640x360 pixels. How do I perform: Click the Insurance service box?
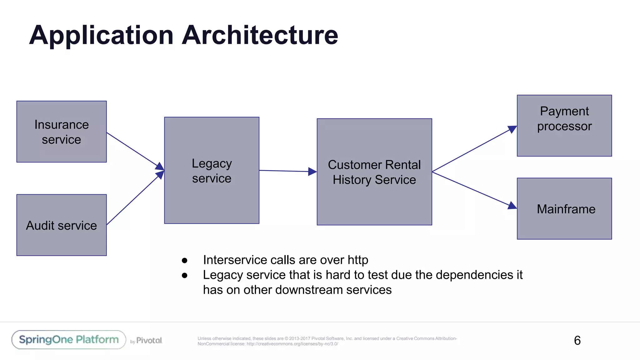point(62,132)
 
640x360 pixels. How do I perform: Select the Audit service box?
point(62,225)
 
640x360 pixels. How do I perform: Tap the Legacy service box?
point(212,170)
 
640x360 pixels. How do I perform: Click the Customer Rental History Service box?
point(374,172)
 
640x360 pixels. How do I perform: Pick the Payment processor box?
point(564,126)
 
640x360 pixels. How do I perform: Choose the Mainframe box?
point(564,209)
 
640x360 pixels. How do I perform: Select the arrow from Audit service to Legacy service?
point(133,200)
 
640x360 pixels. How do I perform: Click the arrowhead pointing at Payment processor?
point(512,129)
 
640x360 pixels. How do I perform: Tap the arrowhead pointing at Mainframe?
point(512,206)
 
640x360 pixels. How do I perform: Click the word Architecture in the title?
point(260,35)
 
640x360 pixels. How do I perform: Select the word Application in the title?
point(101,35)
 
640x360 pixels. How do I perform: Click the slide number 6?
point(577,340)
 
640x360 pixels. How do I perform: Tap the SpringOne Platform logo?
point(69,340)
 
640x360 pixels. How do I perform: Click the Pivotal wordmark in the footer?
point(149,340)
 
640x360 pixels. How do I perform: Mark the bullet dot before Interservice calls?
point(184,260)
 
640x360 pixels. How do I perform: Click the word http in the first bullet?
point(358,260)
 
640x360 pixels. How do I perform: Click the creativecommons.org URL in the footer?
point(292,344)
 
